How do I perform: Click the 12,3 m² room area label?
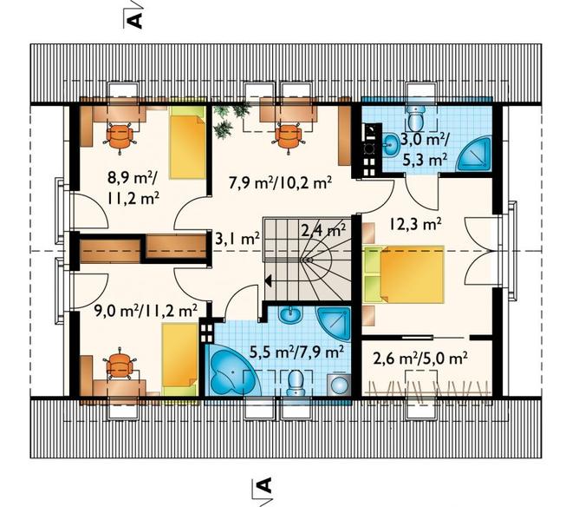point(415,224)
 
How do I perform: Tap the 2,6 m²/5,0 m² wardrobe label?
point(420,358)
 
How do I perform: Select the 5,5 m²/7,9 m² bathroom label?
point(296,352)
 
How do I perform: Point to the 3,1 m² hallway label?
point(237,239)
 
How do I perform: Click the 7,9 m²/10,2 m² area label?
point(280,182)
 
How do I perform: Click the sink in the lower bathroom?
point(290,314)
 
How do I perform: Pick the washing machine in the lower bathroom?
point(340,385)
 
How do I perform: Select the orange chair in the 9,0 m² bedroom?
point(119,365)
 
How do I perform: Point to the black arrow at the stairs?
point(269,280)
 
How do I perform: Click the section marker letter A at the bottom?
point(265,486)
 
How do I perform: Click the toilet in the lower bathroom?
point(296,383)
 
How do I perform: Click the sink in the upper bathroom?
point(391,143)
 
